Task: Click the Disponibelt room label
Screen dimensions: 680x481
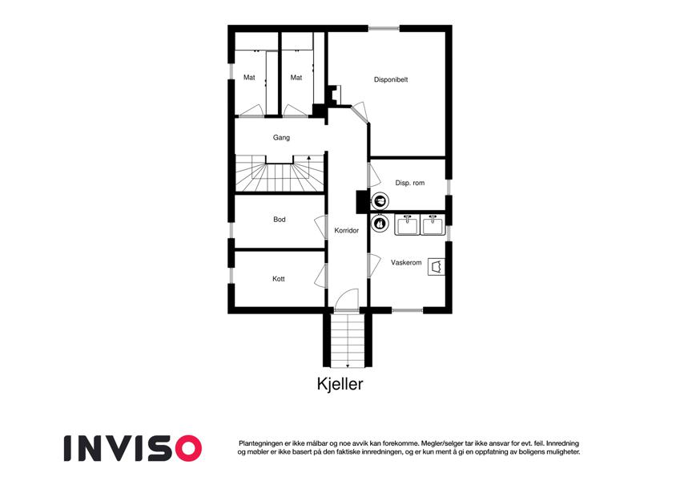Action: (391, 80)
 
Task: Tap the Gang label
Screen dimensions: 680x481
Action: (281, 138)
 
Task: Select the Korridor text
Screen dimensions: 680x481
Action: (347, 231)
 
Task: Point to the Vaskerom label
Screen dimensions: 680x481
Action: (406, 263)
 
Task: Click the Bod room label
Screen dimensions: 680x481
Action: (280, 220)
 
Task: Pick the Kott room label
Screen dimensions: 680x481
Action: (279, 279)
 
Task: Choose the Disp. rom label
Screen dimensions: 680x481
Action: (410, 184)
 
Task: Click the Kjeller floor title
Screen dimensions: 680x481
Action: (340, 384)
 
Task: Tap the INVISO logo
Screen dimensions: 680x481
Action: (133, 448)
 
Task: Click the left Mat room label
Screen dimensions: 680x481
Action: (249, 78)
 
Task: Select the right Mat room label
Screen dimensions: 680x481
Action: (296, 78)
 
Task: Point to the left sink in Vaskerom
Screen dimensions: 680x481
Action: (406, 225)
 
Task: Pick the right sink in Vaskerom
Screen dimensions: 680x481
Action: (433, 225)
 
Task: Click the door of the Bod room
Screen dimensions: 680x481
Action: (320, 227)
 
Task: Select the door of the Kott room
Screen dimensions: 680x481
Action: (320, 275)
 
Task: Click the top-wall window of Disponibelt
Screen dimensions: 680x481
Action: (384, 29)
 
